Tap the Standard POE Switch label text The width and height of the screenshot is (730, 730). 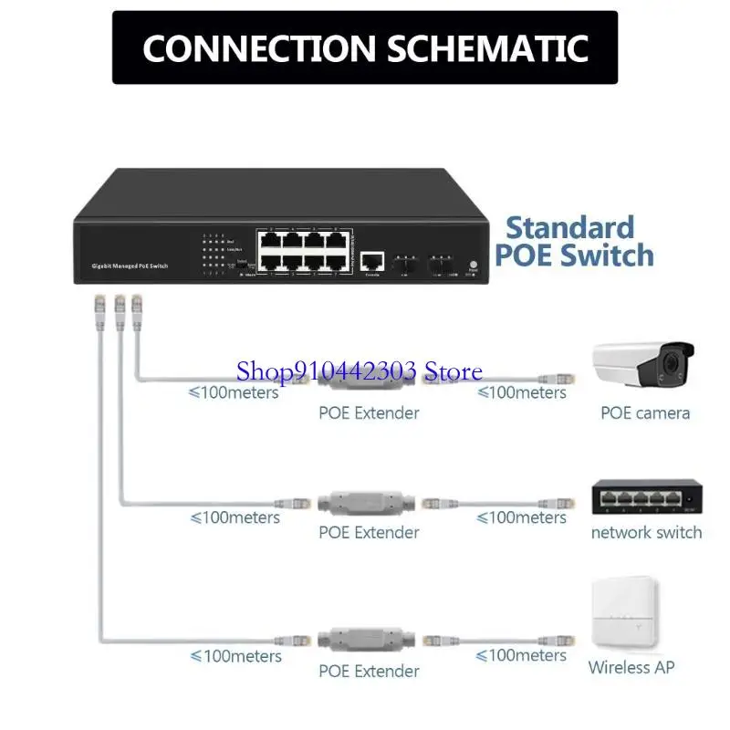(574, 241)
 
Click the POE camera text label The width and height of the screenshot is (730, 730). (644, 412)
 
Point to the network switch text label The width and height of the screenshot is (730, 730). (646, 532)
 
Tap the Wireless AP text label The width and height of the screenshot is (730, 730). (631, 667)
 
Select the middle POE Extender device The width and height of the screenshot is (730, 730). (369, 503)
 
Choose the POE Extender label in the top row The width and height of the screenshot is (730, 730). (369, 412)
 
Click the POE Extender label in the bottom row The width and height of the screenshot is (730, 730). (369, 671)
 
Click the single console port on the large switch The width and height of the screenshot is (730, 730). (371, 261)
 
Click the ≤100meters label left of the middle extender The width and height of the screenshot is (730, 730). (235, 517)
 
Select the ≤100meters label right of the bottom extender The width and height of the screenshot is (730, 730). (520, 655)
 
